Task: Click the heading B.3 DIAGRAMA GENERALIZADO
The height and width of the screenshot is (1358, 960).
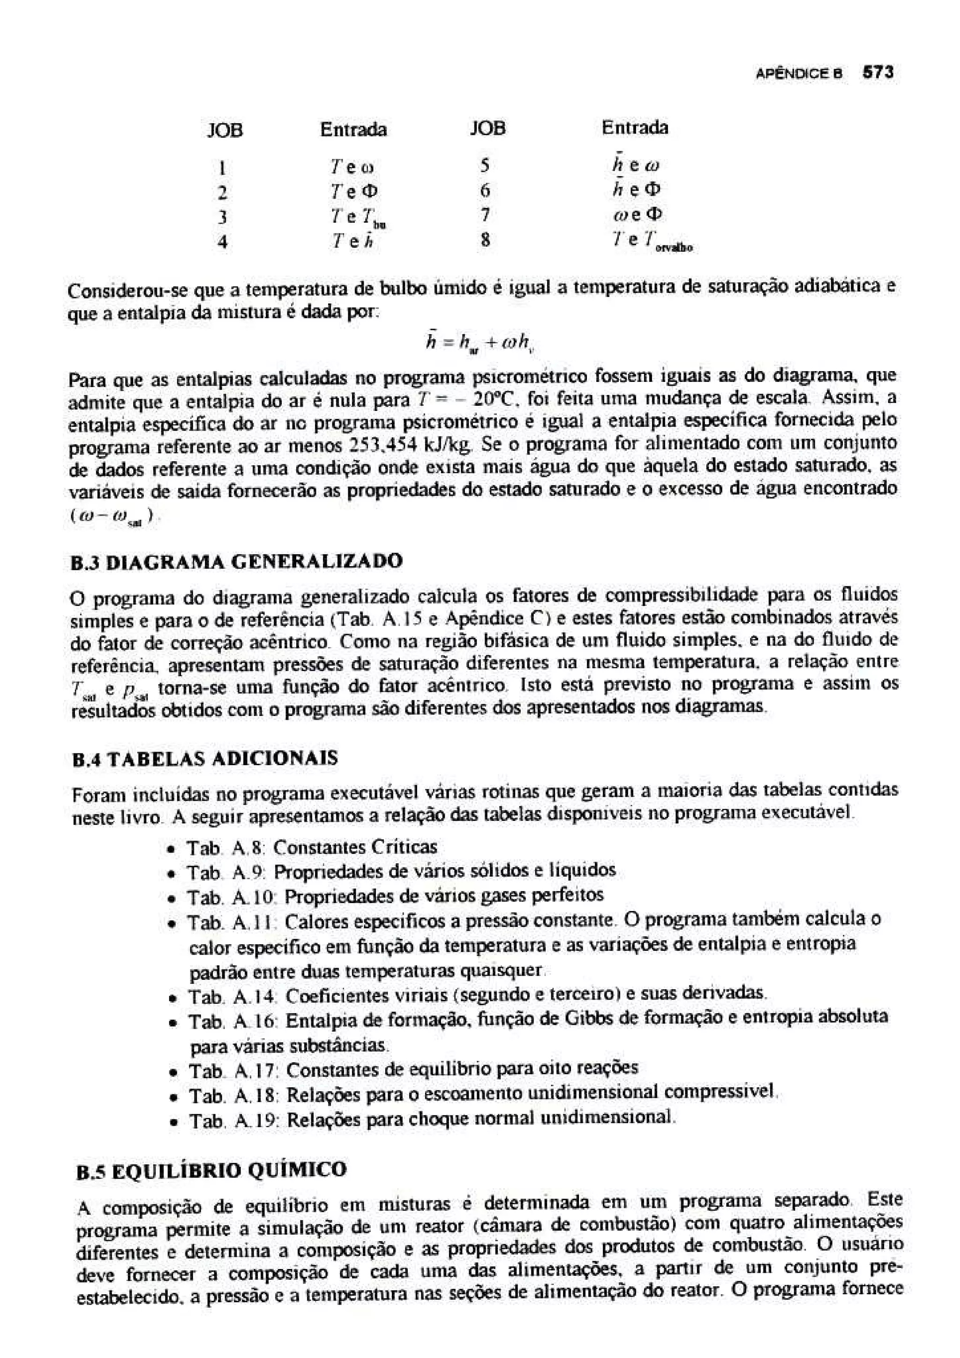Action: point(236,561)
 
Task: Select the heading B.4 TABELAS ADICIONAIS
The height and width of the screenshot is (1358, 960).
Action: point(204,759)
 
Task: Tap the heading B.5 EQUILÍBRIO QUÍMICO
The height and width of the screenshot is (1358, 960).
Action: point(212,1171)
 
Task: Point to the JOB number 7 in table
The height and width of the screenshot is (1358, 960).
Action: point(484,215)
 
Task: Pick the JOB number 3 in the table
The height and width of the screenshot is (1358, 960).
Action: point(222,217)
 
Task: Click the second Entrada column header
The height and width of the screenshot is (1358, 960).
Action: point(634,128)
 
